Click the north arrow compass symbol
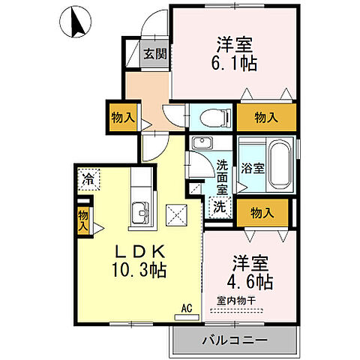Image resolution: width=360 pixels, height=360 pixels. [x=76, y=23]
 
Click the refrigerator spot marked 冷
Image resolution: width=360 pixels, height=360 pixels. [x=88, y=179]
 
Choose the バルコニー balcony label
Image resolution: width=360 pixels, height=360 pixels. [x=235, y=340]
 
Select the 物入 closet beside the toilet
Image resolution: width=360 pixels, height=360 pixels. [x=266, y=117]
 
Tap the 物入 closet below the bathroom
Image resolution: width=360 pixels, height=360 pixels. [x=262, y=214]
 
